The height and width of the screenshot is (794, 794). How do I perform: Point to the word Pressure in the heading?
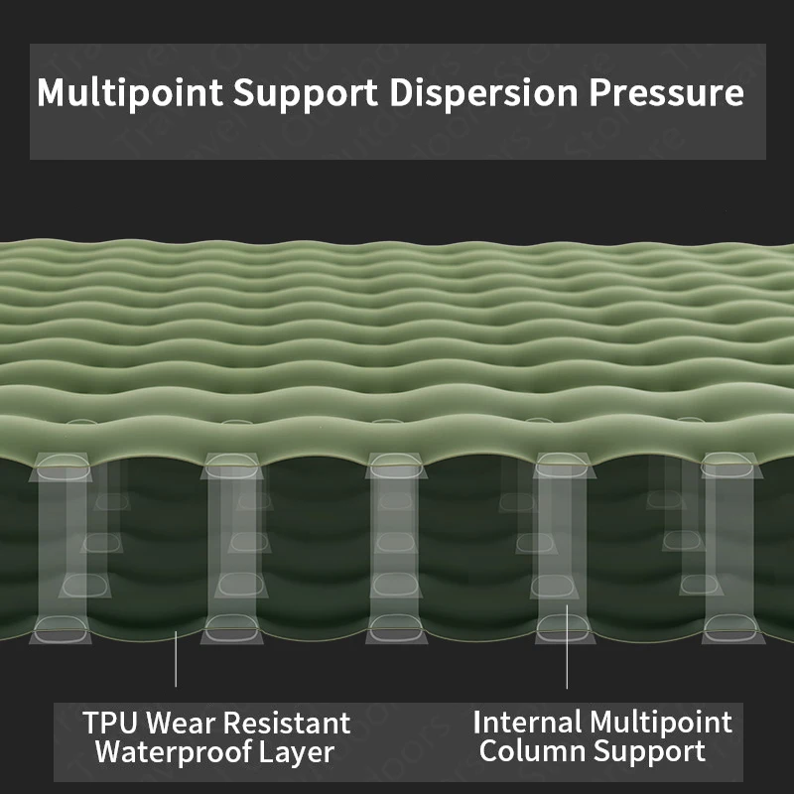[666, 93]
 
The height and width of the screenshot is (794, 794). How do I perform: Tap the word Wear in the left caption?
[184, 722]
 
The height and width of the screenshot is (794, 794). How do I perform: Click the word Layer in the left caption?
[293, 752]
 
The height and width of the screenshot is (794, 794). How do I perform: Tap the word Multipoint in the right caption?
[661, 721]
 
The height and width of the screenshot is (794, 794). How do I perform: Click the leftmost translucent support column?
[64, 546]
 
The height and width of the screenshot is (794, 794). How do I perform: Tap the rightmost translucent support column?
[728, 546]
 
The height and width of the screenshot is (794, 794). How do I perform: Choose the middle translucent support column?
[396, 546]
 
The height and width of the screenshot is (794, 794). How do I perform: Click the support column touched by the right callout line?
[562, 546]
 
